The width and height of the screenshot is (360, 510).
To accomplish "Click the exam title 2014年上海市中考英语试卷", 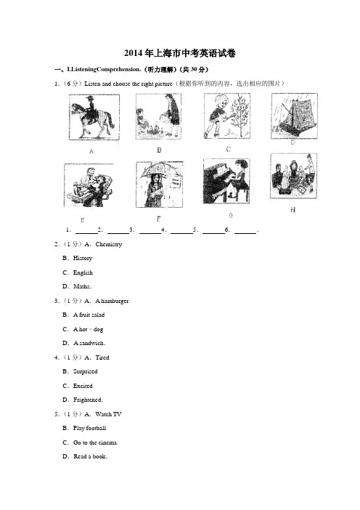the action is (x=180, y=53).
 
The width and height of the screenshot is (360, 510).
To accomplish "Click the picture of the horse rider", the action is (x=94, y=118).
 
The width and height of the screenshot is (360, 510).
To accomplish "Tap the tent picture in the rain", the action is (x=295, y=116).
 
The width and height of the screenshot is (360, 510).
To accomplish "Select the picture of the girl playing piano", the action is (x=226, y=181).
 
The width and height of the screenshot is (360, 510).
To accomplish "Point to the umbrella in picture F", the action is (x=160, y=171).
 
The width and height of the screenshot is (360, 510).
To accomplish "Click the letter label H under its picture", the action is (x=292, y=210).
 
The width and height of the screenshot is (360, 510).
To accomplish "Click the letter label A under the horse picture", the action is (x=91, y=151).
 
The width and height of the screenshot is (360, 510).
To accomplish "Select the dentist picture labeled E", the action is (x=89, y=185).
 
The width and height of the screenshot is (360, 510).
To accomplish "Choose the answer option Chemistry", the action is (x=109, y=244).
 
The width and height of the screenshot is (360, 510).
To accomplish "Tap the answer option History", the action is (x=83, y=258).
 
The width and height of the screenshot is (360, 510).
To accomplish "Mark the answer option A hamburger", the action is (x=112, y=301).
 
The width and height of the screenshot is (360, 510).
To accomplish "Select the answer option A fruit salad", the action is (x=89, y=315).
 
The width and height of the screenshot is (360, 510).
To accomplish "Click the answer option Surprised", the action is (x=85, y=371).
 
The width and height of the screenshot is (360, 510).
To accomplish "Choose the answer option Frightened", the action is (x=88, y=400).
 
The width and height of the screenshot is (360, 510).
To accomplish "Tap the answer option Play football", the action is (x=89, y=428).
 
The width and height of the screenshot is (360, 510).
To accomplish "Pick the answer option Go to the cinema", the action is (x=95, y=442).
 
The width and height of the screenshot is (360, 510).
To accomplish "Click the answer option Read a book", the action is (x=90, y=457).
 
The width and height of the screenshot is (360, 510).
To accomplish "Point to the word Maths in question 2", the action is (x=81, y=286).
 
